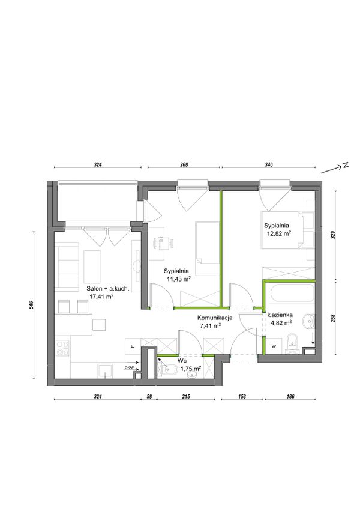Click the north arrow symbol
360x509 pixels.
[335, 167]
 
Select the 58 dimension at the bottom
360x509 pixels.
[149, 396]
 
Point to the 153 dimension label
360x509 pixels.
[242, 396]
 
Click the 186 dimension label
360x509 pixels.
[290, 396]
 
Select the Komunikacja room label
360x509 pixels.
[215, 318]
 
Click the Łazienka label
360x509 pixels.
[280, 315]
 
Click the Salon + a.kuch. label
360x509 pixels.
[108, 288]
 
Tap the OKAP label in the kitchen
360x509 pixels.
[128, 367]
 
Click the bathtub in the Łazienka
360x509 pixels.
[290, 295]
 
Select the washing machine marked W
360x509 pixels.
[274, 346]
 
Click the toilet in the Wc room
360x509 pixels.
[169, 369]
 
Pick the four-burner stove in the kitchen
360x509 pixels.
[62, 348]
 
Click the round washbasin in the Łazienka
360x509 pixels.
[308, 322]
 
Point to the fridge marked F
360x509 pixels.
[133, 346]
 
